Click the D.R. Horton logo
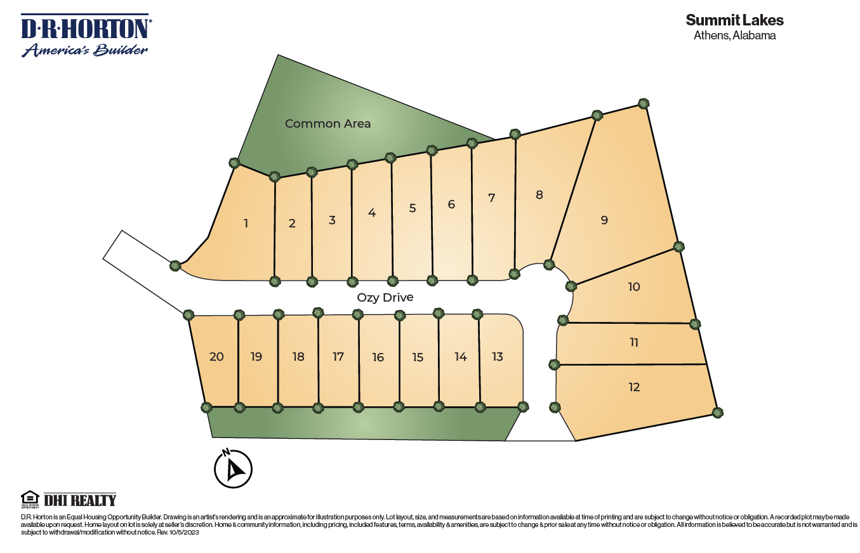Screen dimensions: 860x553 click(86, 36)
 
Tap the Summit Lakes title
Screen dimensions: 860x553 click(734, 20)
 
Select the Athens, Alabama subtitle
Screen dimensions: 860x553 click(734, 36)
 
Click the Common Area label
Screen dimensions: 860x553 click(327, 124)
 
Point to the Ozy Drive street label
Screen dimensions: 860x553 click(385, 297)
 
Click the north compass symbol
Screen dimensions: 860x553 click(233, 469)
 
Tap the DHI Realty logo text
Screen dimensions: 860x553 click(80, 500)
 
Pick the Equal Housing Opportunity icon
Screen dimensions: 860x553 click(30, 499)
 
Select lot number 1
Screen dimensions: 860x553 click(246, 223)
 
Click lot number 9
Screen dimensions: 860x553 click(604, 220)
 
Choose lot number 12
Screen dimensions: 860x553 click(634, 387)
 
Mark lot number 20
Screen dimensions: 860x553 click(216, 357)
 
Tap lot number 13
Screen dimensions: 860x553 click(498, 357)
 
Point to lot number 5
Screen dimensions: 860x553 click(413, 208)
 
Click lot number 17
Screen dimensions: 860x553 click(338, 357)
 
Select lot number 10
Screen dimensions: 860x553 click(634, 287)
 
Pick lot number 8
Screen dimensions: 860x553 click(539, 195)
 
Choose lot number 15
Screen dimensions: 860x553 click(418, 357)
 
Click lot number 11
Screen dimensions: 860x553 click(634, 343)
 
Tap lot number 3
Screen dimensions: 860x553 click(332, 220)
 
